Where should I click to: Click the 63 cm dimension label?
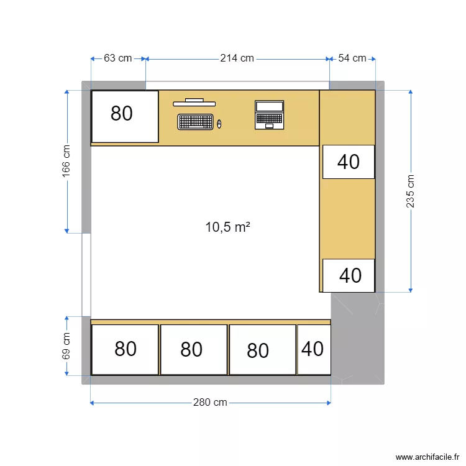pyautogui.click(x=117, y=58)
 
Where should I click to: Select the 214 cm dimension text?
pyautogui.click(x=237, y=58)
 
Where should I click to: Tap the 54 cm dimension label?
pyautogui.click(x=352, y=58)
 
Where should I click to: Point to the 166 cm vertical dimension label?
pyautogui.click(x=66, y=162)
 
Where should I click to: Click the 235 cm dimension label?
pyautogui.click(x=410, y=191)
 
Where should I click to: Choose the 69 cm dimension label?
pyautogui.click(x=66, y=346)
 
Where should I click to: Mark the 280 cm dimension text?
pyautogui.click(x=210, y=403)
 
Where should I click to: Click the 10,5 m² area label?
pyautogui.click(x=227, y=227)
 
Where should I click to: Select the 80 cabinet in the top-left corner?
pyautogui.click(x=125, y=116)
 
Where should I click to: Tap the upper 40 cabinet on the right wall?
pyautogui.click(x=349, y=162)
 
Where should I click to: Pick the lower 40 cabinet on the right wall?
pyautogui.click(x=349, y=275)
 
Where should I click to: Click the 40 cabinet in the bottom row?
pyautogui.click(x=313, y=349)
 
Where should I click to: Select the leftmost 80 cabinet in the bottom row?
pyautogui.click(x=125, y=349)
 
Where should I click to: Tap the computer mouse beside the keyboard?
pyautogui.click(x=219, y=124)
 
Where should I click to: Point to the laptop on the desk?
pyautogui.click(x=269, y=115)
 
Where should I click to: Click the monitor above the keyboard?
pyautogui.click(x=194, y=102)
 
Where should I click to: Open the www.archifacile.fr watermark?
pyautogui.click(x=429, y=457)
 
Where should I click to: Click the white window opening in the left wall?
pyautogui.click(x=86, y=275)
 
